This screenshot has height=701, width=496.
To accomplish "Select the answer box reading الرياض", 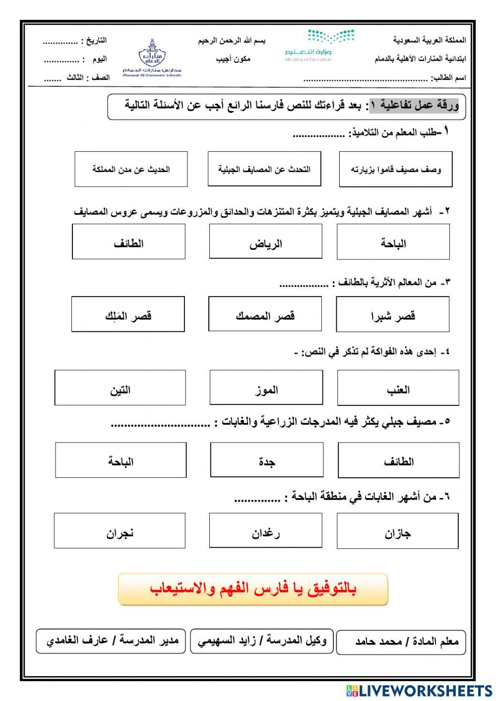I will [x=265, y=242].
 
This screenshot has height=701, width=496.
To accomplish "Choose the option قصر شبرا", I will [x=393, y=315].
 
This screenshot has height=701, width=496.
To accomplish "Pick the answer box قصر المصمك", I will [x=265, y=315].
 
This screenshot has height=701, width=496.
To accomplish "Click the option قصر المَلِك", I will [x=128, y=315].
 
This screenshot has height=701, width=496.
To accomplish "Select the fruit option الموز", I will [x=266, y=387].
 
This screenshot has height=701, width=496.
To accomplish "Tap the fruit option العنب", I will [x=398, y=387].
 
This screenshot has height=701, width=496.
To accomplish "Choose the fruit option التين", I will [x=120, y=387].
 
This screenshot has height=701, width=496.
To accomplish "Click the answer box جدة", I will [x=267, y=460].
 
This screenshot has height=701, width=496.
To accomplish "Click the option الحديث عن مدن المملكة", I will [x=131, y=169].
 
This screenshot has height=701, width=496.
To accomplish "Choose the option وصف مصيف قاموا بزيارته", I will [x=396, y=169].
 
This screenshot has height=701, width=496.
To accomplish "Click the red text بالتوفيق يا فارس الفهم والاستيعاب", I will [x=253, y=589].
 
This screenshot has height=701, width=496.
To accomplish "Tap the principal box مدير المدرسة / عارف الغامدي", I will [x=111, y=641].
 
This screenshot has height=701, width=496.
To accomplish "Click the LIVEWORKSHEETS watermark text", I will [x=419, y=691].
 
